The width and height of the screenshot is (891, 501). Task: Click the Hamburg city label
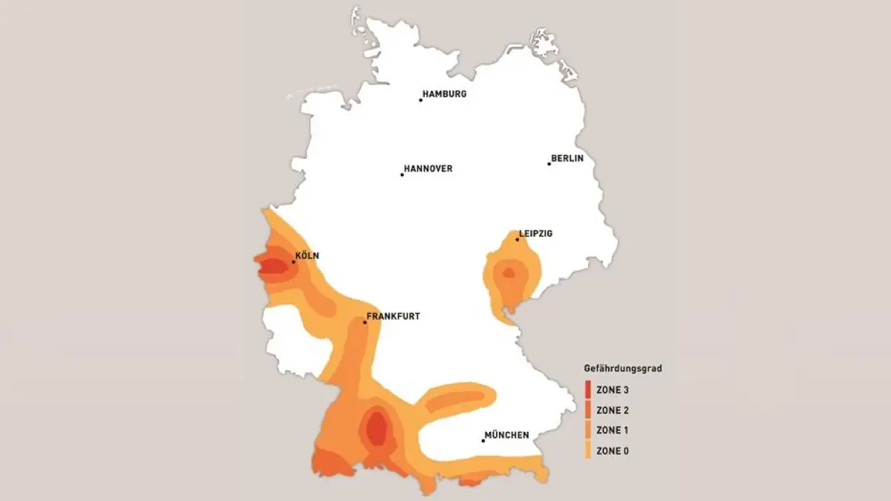pos(445,94)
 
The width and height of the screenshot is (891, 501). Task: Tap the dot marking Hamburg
pos(420,99)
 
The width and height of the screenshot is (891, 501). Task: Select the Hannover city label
pos(428,169)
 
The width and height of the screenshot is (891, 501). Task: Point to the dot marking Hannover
pos(402,175)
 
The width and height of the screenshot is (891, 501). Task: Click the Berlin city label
pos(567,159)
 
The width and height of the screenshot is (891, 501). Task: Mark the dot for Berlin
pos(549,163)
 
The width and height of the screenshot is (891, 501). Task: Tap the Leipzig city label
pos(535,234)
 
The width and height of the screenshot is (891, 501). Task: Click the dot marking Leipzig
pos(518,239)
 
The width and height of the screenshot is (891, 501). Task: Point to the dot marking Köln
pos(294,262)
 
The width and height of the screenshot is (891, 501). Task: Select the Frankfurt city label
pos(394,316)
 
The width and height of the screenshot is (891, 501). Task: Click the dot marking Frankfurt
pos(365,322)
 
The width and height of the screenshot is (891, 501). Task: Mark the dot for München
pos(483,441)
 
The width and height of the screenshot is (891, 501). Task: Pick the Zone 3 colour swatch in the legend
pos(587,389)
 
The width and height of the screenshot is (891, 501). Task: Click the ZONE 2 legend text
pos(613,410)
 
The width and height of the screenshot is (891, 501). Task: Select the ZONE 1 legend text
pos(613,430)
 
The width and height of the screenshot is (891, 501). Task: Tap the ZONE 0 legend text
pos(613,451)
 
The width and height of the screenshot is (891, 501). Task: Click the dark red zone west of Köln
pos(274,265)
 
